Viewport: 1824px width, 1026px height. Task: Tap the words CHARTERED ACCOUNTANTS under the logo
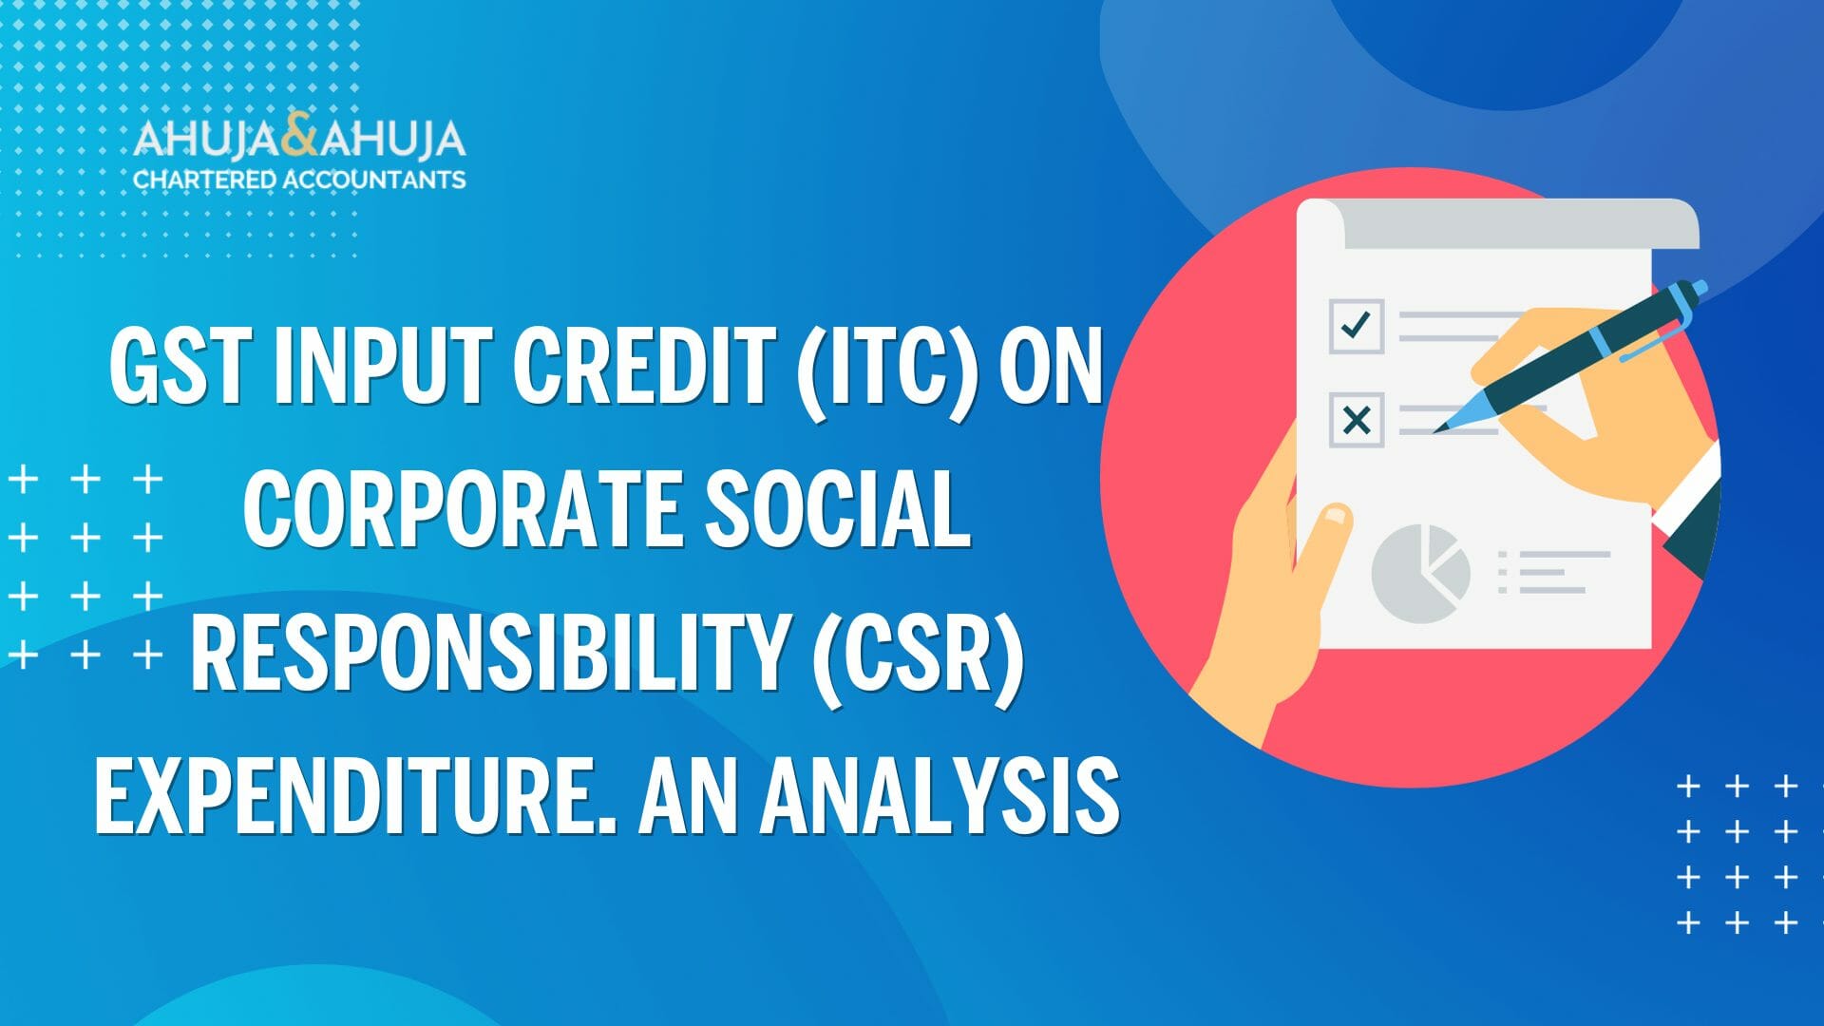coord(299,180)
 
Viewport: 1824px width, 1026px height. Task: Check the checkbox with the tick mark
coord(1356,326)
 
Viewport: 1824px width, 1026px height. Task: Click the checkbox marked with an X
coord(1356,420)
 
